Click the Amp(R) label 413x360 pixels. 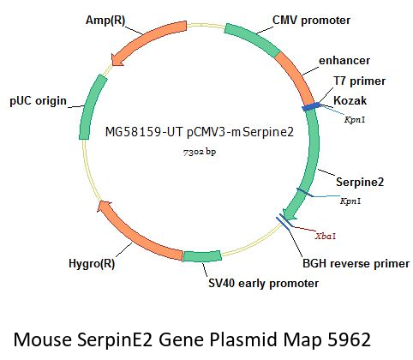point(105,21)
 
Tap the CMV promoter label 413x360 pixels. point(311,21)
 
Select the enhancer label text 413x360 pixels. point(344,61)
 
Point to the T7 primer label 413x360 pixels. point(359,81)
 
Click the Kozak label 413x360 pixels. point(350,100)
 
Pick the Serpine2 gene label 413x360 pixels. point(360,182)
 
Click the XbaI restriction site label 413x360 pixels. point(326,237)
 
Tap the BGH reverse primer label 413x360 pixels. point(356,263)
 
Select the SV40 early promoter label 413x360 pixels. point(263,284)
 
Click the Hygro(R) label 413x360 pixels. point(92,263)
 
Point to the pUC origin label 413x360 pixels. point(38,101)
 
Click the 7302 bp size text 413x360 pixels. point(200,152)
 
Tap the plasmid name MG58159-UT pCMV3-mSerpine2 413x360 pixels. point(200,132)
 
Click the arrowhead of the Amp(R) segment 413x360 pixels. point(117,60)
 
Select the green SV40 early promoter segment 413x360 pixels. point(202,256)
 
